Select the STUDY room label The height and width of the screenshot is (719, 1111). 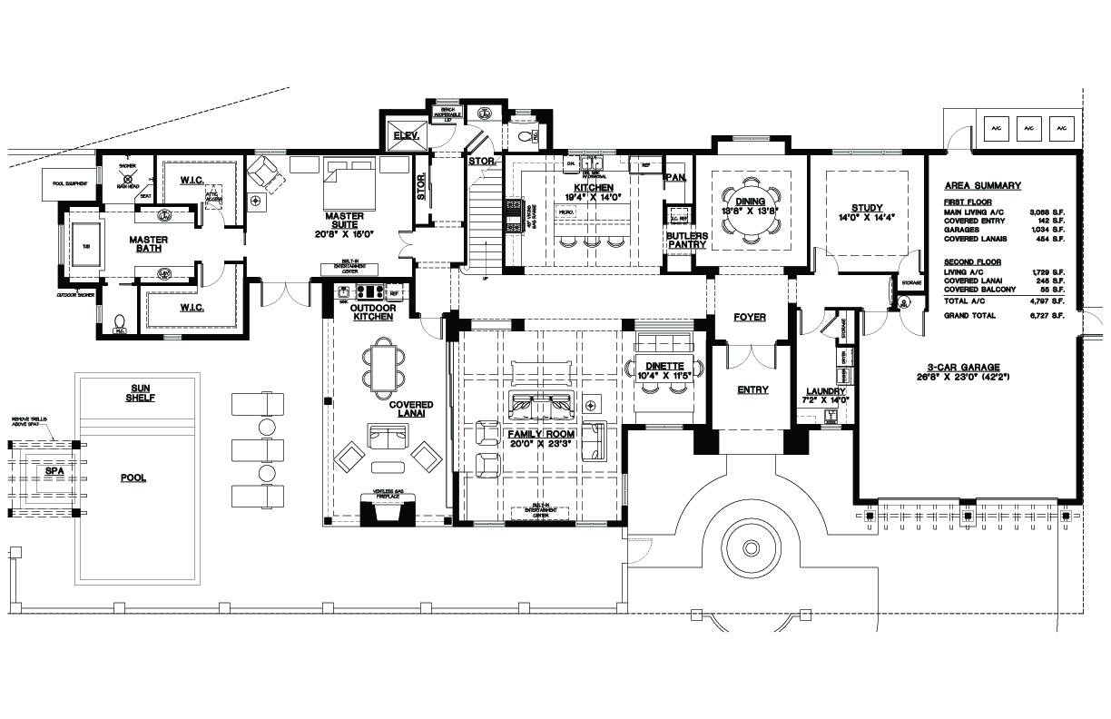click(x=867, y=208)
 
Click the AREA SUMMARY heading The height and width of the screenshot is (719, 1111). click(x=982, y=185)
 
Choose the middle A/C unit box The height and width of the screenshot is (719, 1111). click(x=1028, y=130)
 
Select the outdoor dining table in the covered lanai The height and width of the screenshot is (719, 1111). click(x=385, y=365)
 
